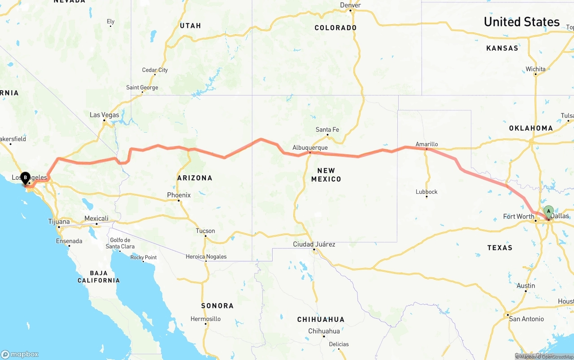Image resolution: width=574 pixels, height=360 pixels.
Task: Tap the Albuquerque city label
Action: (310, 147)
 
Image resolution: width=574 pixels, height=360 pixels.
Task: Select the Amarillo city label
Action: (426, 144)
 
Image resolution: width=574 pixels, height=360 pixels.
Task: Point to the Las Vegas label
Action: (104, 115)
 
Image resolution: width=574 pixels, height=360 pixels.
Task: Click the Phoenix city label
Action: (178, 195)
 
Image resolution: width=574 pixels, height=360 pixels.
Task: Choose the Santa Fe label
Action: (327, 130)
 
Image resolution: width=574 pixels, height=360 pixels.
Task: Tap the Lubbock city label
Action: (426, 192)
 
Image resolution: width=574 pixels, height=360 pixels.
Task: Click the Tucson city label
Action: (205, 231)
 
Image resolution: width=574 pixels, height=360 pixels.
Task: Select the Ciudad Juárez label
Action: (314, 244)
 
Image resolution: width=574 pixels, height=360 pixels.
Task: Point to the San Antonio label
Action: (526, 319)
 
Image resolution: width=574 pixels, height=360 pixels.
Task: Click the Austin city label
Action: (526, 286)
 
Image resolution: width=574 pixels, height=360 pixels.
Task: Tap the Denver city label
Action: (350, 5)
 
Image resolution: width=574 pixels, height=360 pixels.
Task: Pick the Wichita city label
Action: (536, 69)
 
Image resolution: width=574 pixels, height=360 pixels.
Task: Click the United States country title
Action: (522, 22)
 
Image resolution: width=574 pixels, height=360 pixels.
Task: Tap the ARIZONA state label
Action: (195, 178)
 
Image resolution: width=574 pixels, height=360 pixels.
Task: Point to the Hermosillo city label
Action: (205, 319)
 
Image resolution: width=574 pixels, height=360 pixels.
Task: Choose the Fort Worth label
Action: (518, 217)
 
